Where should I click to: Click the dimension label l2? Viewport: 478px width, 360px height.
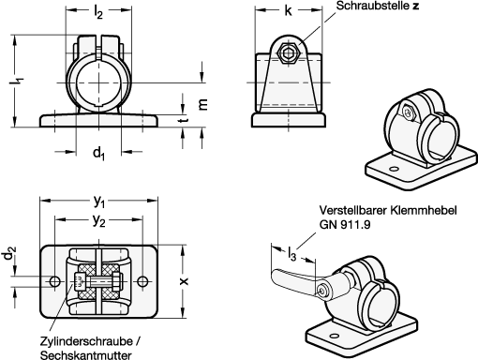tap(98, 12)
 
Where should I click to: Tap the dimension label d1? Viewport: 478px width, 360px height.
tap(98, 154)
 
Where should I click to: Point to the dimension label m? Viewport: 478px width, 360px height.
tap(202, 104)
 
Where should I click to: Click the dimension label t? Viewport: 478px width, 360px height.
tap(184, 119)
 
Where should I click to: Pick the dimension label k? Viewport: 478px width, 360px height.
tap(288, 10)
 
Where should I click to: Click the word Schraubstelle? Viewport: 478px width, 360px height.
tap(372, 6)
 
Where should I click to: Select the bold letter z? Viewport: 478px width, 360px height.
tap(415, 6)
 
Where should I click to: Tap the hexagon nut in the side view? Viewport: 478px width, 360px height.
tap(289, 53)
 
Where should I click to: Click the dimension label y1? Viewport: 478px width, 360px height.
tap(99, 202)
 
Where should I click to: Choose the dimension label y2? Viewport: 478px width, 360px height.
tap(98, 221)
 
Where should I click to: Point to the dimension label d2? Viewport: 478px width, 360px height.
tap(9, 253)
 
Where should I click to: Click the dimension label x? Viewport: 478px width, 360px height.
tap(185, 281)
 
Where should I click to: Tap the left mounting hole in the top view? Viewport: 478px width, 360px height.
tap(55, 281)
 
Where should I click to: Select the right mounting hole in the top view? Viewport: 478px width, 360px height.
tap(142, 281)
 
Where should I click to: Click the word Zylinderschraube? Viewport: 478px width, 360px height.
tap(86, 341)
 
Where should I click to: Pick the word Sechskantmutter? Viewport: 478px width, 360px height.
tap(86, 355)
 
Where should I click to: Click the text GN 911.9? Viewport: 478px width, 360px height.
tap(345, 224)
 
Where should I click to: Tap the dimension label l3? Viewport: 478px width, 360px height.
tap(291, 253)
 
